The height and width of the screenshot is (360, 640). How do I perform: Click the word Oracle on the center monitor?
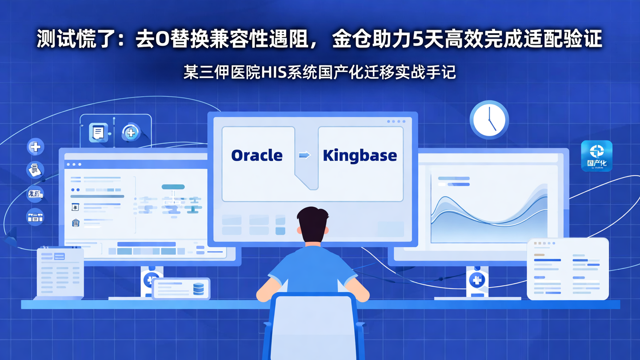pos(257,156)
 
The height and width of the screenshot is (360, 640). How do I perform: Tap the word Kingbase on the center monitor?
pos(360,156)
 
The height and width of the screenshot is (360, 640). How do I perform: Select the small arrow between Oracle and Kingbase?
pos(304,155)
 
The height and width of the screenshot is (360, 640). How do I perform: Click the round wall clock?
pos(489,120)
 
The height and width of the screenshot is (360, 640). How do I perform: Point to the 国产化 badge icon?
pos(596,156)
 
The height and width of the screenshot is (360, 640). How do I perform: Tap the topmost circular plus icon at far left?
pos(35,146)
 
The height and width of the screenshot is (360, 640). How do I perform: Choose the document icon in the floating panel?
pos(98,132)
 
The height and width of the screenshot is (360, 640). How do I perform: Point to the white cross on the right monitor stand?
pos(477,280)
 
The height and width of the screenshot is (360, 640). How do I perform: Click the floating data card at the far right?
pos(567,268)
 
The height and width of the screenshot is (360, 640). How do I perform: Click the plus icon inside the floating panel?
pos(131,132)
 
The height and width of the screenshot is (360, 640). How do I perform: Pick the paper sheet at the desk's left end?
pos(60,272)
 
